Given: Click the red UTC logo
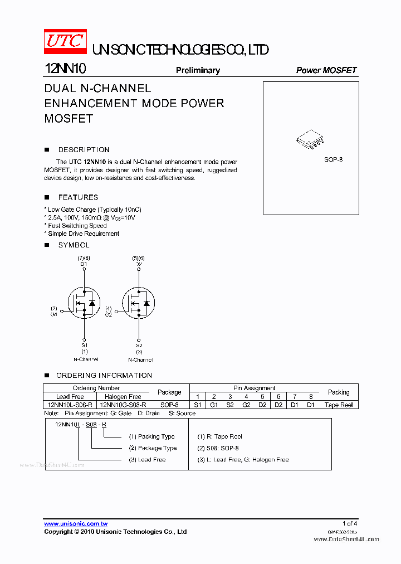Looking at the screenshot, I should coord(65,41).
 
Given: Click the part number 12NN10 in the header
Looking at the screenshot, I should coord(65,69).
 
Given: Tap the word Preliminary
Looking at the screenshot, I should coord(198,70).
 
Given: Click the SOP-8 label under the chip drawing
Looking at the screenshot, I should coord(334,159).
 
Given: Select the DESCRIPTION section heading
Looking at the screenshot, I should coord(84,150).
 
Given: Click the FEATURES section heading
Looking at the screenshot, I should coord(78,197).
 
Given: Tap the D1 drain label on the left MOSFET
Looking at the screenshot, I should coord(84,264).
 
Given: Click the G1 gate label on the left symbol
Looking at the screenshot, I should coord(54,314).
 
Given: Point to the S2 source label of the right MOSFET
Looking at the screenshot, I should coord(139,345).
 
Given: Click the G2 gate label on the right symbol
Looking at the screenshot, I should coord(109,314).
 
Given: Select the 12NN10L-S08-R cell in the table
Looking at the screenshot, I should coord(70,405).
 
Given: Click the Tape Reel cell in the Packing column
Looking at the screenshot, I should coord(339,405).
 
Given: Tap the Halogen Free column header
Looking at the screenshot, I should coord(123,397).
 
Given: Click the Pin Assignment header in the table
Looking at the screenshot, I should coord(254,388).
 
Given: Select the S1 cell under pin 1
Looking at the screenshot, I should coord(198,405).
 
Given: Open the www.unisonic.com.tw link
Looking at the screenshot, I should coord(76,524).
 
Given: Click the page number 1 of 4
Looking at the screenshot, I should coord(350,523).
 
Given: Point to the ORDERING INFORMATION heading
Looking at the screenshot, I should coord(104,376).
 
